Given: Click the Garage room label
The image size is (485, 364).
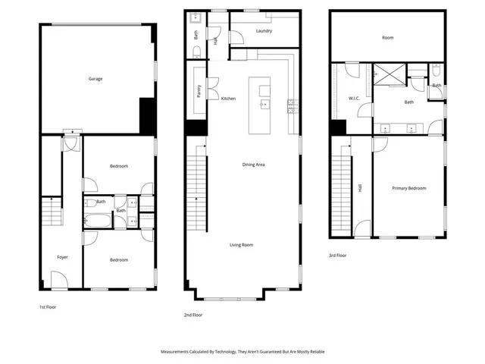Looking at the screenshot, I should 95,79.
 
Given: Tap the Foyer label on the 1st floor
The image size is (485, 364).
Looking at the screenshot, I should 62,257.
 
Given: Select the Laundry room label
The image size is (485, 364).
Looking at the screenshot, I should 264,31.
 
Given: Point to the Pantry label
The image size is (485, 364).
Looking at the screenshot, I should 198,90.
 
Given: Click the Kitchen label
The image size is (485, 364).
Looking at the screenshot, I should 228,99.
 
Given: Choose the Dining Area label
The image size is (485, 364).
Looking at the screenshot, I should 253,165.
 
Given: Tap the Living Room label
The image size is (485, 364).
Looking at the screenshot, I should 242,245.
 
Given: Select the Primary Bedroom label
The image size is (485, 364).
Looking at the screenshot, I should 408,188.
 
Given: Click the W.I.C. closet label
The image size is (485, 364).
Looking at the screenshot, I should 354,99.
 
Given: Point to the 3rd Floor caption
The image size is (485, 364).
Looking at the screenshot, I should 337,256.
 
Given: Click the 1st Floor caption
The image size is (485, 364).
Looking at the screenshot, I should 48,307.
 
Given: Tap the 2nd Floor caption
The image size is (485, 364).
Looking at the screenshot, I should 192,314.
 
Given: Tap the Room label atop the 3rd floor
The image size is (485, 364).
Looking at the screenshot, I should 387,37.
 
